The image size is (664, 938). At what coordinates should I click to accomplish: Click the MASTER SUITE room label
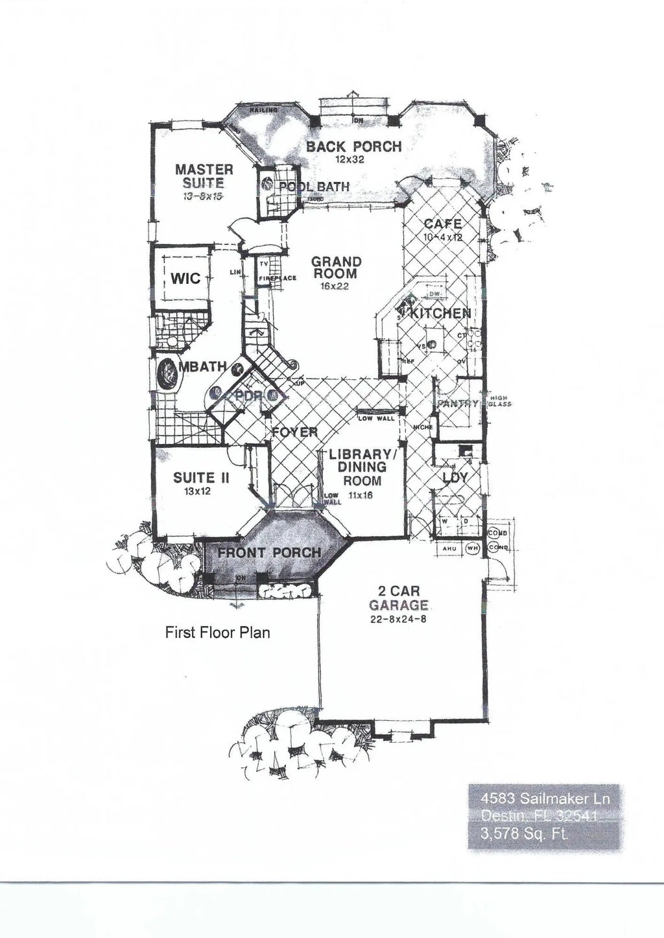204,176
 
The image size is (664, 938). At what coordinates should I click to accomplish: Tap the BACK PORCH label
353,147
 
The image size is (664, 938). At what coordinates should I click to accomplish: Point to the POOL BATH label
314,187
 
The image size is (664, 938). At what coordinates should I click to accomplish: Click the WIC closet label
185,279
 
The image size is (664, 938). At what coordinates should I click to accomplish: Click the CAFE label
442,224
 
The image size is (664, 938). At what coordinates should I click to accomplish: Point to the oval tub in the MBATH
168,374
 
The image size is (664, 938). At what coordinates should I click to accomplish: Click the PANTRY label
458,403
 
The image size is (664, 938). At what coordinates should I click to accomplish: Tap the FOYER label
294,432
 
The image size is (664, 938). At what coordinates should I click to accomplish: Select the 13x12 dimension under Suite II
197,492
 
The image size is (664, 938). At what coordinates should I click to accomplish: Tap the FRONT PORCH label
268,553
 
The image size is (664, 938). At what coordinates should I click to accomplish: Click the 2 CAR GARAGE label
399,598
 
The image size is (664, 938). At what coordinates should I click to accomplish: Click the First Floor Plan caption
217,632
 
